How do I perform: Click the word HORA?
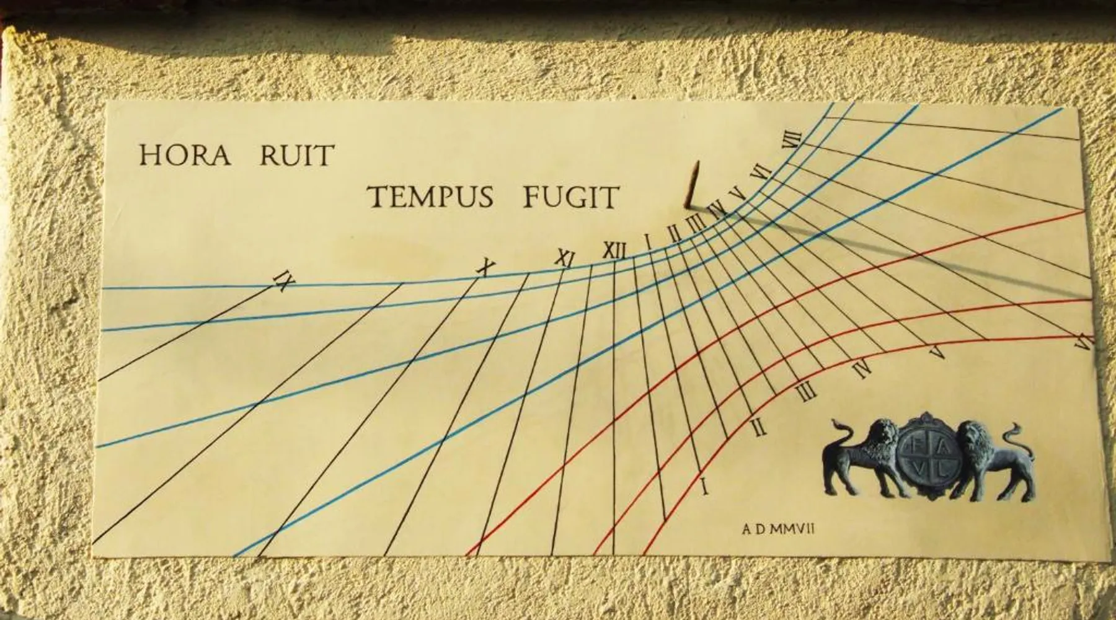(x=184, y=155)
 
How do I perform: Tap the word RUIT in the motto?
(x=296, y=155)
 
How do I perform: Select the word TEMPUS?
(x=431, y=197)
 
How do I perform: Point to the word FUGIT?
(x=571, y=197)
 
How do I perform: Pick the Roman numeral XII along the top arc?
(x=614, y=251)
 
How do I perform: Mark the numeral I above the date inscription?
(x=703, y=487)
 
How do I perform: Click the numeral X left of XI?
(x=485, y=268)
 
